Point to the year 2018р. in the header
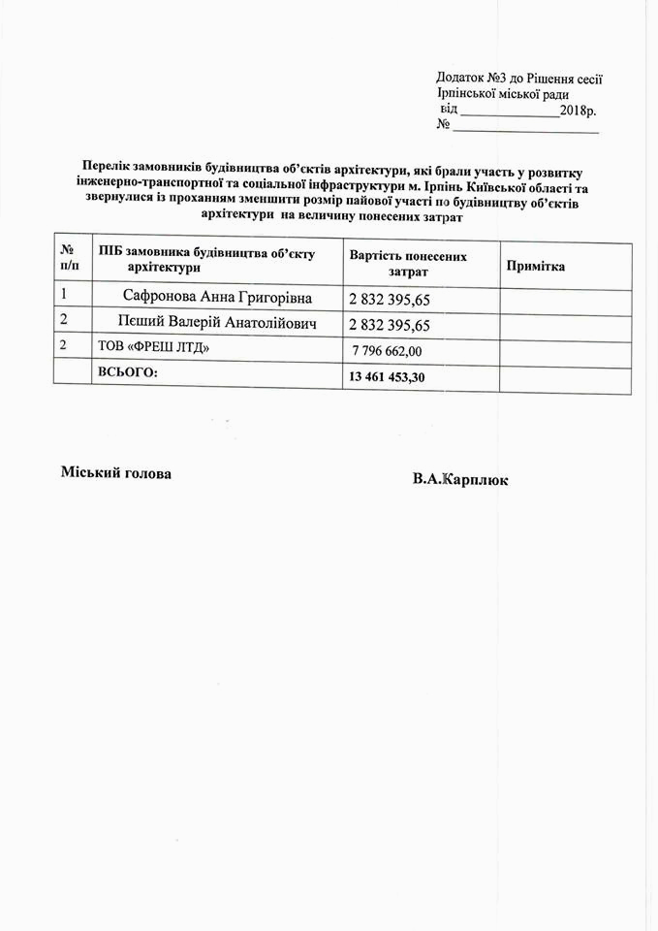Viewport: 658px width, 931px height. coord(579,110)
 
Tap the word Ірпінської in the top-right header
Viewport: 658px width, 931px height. coord(469,94)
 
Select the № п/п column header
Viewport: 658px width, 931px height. coord(69,257)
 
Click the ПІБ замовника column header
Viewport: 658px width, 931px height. coord(206,258)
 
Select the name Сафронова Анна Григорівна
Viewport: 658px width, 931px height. coord(217,296)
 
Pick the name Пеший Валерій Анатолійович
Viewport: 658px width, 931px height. coord(217,322)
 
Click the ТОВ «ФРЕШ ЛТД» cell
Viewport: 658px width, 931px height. coord(154,347)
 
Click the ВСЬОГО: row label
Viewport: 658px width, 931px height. coord(127,372)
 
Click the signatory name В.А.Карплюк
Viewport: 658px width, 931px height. coord(458,480)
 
